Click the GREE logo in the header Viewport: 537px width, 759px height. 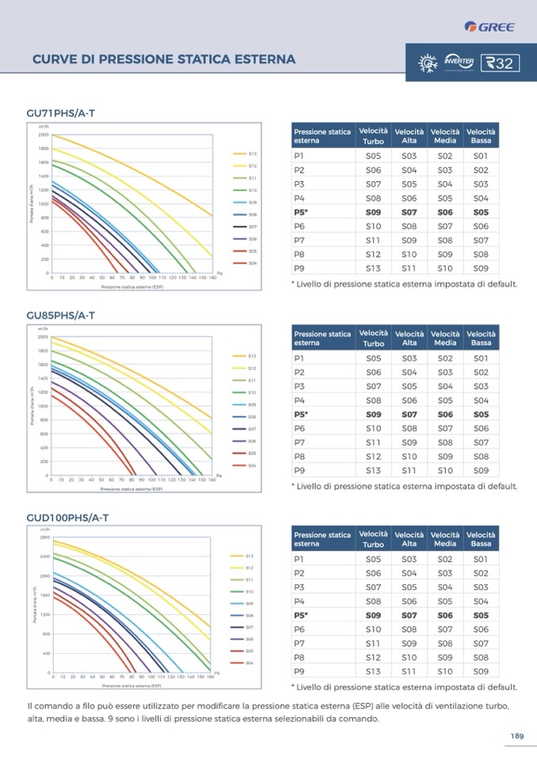(490, 27)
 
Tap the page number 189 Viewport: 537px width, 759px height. (516, 736)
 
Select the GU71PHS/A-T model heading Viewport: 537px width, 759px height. (61, 114)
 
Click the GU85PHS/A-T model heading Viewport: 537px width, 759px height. (61, 316)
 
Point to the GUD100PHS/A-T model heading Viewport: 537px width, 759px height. (67, 518)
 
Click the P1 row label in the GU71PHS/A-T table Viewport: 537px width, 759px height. (299, 156)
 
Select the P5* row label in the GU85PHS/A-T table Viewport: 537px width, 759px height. (301, 415)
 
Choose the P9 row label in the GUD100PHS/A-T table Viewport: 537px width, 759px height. (299, 672)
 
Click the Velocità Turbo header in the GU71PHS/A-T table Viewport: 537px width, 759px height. (373, 136)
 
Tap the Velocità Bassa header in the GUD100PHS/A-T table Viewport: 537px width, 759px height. (481, 539)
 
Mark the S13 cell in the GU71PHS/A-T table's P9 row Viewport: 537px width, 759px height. (373, 268)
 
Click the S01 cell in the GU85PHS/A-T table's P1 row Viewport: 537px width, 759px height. (481, 358)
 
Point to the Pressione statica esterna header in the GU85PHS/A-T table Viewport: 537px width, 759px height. (322, 338)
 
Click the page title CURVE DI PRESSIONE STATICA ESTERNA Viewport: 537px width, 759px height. (164, 59)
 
